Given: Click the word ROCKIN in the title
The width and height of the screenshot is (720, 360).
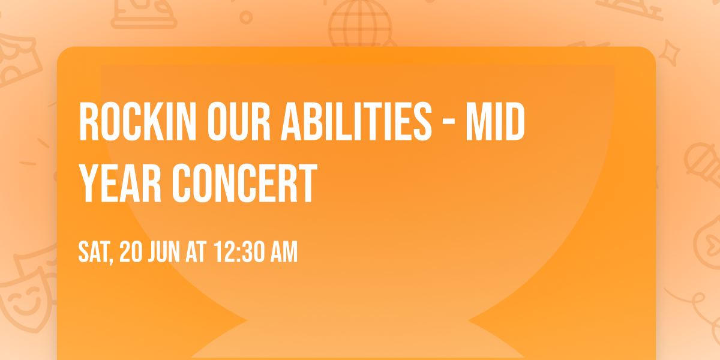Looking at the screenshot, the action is point(137,121).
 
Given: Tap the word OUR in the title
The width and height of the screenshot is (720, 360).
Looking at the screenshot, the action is point(239,121).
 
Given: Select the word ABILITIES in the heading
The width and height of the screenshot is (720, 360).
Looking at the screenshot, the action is point(356,121).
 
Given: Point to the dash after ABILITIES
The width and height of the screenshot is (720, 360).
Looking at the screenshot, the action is point(449,122).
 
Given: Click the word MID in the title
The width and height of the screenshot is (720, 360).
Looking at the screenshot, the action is point(496,121).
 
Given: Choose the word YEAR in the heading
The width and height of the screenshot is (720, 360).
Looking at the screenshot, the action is point(120,183).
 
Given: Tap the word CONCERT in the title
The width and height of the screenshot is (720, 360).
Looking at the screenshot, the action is point(245,183).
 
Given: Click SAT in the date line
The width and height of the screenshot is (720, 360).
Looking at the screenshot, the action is point(93,252).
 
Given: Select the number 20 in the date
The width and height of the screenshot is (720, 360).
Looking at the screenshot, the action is point(131,252).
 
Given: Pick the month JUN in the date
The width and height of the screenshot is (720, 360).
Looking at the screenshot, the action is point(164,252).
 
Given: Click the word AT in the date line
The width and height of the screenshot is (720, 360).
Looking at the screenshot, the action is point(196,252).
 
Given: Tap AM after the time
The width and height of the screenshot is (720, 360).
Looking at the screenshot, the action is point(284,252).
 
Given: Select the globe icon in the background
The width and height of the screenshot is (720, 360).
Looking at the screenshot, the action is point(360,24).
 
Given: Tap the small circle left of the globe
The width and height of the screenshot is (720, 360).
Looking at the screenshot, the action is point(246,17).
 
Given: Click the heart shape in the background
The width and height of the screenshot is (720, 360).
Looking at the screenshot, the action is point(713,244).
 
